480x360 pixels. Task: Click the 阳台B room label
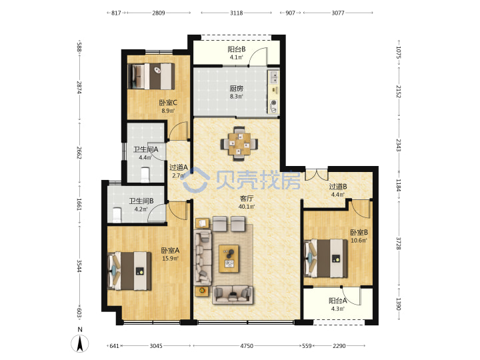(x=236, y=49)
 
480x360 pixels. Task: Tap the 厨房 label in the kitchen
(x=236, y=89)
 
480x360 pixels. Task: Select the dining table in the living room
(x=239, y=143)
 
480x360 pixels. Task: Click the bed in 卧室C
(x=151, y=76)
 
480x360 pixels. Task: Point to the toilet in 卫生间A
(x=145, y=175)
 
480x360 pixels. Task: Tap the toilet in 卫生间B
(x=117, y=215)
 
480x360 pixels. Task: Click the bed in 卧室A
(x=130, y=271)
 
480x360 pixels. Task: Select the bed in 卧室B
(x=326, y=259)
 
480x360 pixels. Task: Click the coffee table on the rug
(x=229, y=259)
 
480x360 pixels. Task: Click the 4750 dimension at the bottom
(x=247, y=345)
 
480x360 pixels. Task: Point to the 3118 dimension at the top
(x=236, y=13)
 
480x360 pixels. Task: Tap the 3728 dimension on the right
(x=398, y=243)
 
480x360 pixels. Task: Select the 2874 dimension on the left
(x=79, y=87)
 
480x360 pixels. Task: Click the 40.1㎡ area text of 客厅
(x=247, y=206)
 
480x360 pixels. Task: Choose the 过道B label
(x=338, y=187)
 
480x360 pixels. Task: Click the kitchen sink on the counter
(x=273, y=77)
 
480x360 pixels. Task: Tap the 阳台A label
(x=338, y=301)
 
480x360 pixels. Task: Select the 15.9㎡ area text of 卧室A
(x=170, y=259)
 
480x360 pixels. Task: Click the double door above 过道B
(x=317, y=173)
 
